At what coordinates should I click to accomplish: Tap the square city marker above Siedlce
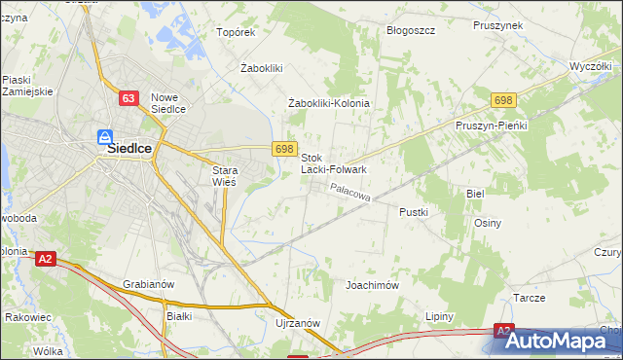click(x=104, y=138)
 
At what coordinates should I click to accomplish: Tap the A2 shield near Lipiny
click(x=503, y=331)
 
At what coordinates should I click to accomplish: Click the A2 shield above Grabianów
click(x=45, y=259)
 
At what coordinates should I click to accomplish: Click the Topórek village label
click(x=236, y=31)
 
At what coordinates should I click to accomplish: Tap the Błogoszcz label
click(x=410, y=30)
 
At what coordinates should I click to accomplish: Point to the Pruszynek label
click(x=498, y=25)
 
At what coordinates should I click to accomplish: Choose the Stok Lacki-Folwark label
click(x=333, y=163)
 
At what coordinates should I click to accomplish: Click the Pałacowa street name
click(x=350, y=195)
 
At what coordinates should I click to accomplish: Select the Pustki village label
click(x=415, y=210)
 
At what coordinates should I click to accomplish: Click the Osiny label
click(x=487, y=223)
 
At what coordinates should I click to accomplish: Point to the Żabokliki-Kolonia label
click(x=330, y=103)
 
